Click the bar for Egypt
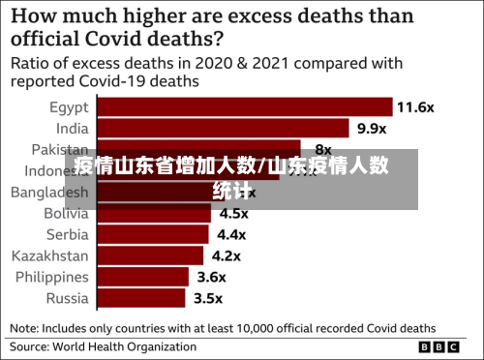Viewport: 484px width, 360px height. [243, 106]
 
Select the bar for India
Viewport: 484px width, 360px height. [222, 128]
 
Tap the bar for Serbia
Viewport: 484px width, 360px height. [153, 234]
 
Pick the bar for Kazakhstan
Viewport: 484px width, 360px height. [150, 255]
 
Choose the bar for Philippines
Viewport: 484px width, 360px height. [142, 277]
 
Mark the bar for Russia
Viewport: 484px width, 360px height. [141, 298]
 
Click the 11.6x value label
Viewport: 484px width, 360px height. [415, 106]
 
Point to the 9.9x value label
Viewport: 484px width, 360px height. [372, 128]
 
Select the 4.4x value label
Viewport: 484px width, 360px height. [231, 234]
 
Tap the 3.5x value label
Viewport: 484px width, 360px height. [207, 298]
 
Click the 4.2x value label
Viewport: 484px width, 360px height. [227, 255]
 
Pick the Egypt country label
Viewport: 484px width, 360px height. [69, 106]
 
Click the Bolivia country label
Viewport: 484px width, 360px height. [66, 213]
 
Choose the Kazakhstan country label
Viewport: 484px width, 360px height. [49, 255]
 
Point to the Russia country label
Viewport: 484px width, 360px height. [67, 298]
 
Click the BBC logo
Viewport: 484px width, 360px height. [445, 346]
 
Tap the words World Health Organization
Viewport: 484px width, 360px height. [136, 345]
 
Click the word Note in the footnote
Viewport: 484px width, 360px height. [26, 327]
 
